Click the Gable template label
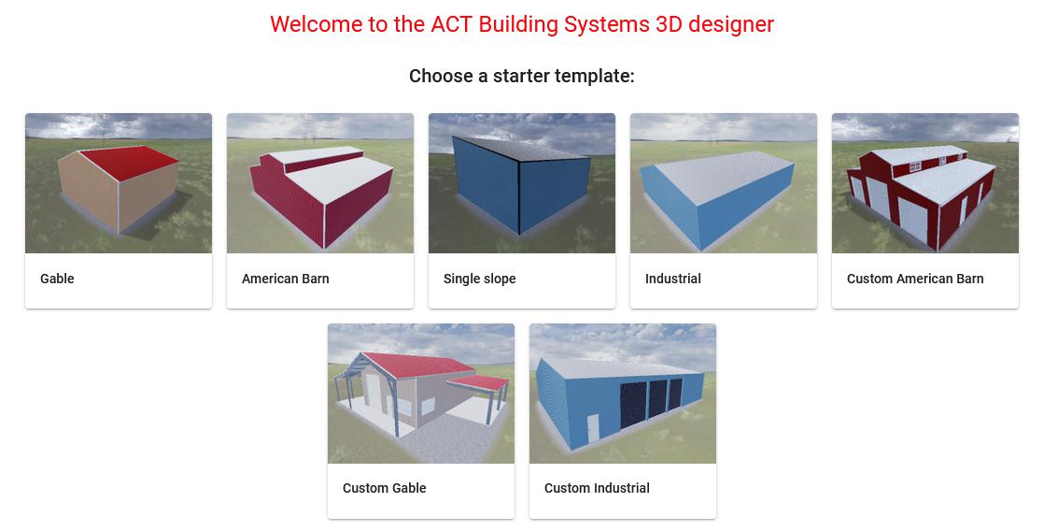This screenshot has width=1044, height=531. tap(57, 279)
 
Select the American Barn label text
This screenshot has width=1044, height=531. tap(285, 279)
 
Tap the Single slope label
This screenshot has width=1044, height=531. tap(479, 279)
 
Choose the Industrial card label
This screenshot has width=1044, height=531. tap(672, 279)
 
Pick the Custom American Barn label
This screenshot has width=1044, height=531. tap(914, 279)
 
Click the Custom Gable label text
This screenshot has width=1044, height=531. tap(384, 488)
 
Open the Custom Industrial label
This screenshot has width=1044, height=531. tap(597, 488)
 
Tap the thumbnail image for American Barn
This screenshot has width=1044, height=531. tap(320, 183)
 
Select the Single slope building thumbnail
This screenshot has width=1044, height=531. tap(522, 183)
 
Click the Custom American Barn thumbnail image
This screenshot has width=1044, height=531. tap(925, 183)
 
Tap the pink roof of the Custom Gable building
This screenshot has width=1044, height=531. tap(411, 365)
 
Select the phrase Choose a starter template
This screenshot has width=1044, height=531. tap(521, 76)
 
